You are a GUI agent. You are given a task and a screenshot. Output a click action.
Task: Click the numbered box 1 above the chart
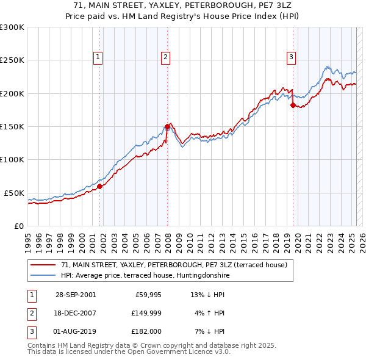pos(98,57)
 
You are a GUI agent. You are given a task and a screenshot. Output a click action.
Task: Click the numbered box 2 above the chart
pos(165,57)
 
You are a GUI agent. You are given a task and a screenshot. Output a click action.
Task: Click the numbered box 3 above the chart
pos(292,57)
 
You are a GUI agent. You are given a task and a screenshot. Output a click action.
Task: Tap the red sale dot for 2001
pos(100,187)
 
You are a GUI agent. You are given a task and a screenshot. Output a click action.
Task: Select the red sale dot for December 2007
pos(167,127)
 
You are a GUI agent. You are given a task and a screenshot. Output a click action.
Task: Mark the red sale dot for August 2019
pos(293,106)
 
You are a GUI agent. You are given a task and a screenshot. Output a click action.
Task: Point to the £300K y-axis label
pos(12,27)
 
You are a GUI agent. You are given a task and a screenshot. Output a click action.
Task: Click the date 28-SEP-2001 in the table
pos(76,294)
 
